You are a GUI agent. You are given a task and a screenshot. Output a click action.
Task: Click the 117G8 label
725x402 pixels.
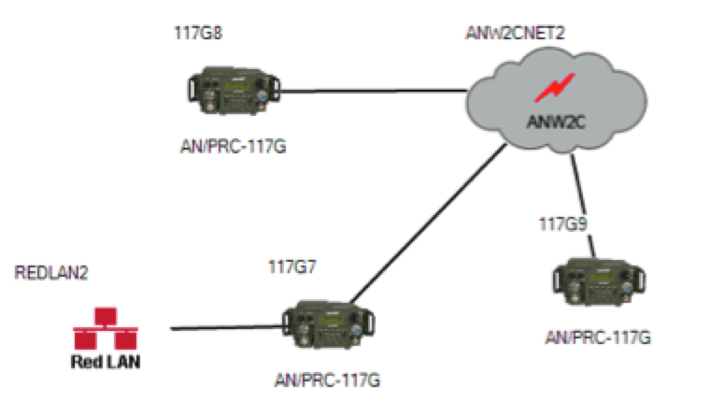[198, 34]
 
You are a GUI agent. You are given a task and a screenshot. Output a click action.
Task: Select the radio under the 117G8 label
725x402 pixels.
[234, 90]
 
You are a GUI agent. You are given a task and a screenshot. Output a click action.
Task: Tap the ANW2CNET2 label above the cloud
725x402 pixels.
[515, 34]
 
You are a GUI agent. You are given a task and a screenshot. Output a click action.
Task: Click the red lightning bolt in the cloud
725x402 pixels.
[555, 88]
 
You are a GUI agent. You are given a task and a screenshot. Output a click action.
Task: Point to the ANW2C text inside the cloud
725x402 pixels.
[556, 122]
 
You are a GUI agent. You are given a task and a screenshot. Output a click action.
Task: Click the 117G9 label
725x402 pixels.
[562, 224]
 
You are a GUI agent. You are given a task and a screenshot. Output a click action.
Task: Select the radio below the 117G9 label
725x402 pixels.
[599, 281]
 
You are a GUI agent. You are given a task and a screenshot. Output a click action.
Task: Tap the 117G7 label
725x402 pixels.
[292, 267]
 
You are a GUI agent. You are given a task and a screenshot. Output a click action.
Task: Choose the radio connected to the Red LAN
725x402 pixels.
[328, 324]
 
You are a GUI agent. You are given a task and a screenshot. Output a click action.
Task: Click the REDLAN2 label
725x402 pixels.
[51, 273]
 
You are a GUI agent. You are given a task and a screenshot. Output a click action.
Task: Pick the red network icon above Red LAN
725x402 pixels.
[106, 328]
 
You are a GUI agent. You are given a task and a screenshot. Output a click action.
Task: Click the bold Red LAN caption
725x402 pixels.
[106, 362]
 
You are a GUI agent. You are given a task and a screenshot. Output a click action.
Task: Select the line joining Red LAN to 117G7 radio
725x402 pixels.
[226, 327]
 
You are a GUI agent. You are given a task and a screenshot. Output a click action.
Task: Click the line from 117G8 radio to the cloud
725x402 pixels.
[374, 91]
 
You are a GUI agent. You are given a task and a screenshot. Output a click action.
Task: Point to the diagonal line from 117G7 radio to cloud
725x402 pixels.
[429, 223]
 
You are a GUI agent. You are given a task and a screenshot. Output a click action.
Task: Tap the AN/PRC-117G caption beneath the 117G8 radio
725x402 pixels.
[233, 147]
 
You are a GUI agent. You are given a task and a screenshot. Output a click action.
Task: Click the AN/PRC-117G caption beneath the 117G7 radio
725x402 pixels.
[327, 380]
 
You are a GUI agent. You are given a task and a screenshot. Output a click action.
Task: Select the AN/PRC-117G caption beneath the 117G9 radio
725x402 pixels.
[598, 337]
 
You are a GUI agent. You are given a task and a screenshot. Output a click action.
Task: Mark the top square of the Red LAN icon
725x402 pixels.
[106, 316]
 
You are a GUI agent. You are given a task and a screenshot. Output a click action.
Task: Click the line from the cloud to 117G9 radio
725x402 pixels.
[583, 206]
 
